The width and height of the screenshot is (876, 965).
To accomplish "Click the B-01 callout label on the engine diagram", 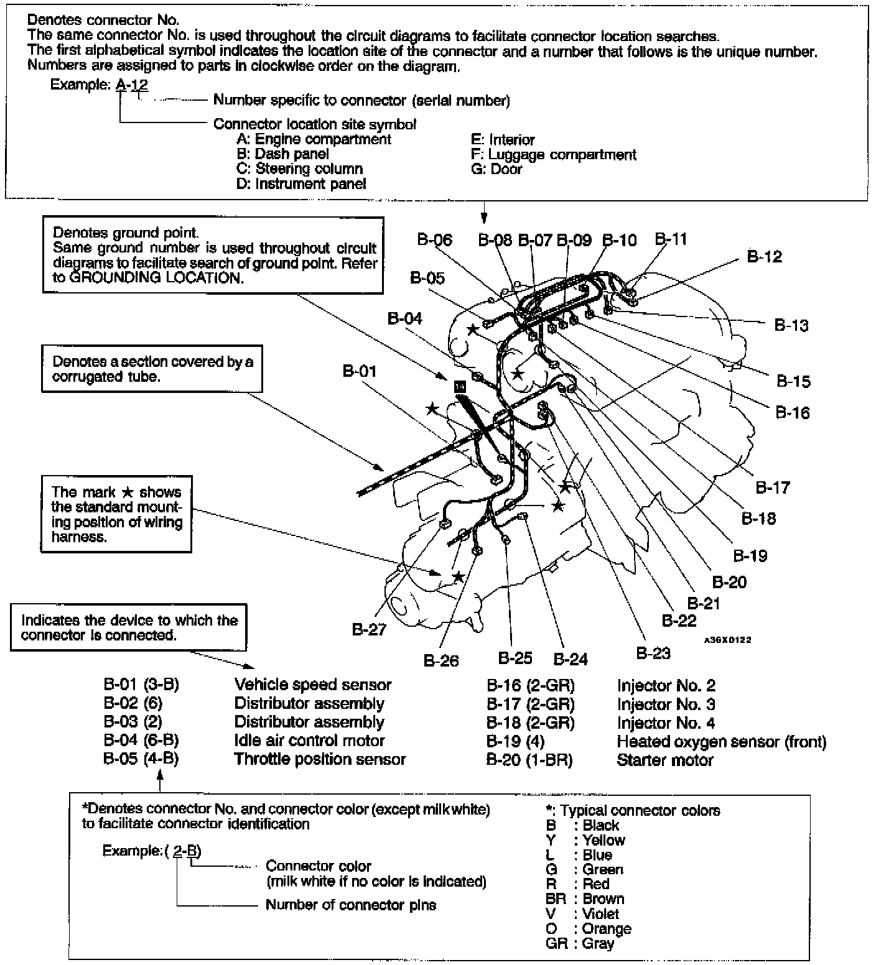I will click(x=360, y=371).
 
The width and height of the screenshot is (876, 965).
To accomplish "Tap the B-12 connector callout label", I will click(x=765, y=256).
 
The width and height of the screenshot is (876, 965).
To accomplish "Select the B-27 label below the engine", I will click(x=369, y=629).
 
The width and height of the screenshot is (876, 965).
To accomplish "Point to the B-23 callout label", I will click(x=653, y=652).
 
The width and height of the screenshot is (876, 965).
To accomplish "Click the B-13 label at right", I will click(x=791, y=325).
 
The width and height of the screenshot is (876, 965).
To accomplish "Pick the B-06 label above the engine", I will click(x=435, y=240).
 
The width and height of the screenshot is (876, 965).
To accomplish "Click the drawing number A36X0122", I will click(x=727, y=640).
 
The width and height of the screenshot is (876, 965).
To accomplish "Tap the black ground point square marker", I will click(x=460, y=387).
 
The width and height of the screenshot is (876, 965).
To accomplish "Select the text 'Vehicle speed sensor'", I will click(x=312, y=685).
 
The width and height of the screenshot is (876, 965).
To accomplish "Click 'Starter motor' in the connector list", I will click(x=665, y=760).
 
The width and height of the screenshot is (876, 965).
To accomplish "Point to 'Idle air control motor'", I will click(x=309, y=741).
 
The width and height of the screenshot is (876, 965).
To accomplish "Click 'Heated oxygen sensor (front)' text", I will click(x=722, y=741).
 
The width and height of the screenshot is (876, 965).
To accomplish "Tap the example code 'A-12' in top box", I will click(x=132, y=85).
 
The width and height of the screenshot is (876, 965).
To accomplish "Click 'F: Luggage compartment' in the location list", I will click(x=554, y=154).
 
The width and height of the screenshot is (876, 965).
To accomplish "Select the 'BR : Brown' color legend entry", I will click(x=584, y=898).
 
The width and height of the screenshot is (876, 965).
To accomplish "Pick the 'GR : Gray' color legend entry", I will click(x=579, y=943).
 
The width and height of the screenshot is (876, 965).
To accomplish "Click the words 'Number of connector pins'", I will click(x=351, y=905).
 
